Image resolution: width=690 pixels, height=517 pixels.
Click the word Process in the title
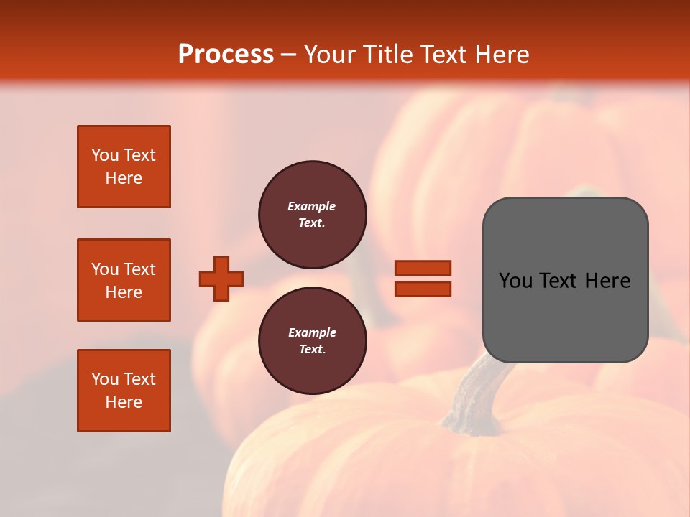(226, 55)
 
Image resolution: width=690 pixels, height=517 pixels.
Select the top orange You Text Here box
(124, 167)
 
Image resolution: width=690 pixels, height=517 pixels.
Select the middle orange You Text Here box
(124, 280)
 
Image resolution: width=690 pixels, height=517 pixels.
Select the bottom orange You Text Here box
(124, 391)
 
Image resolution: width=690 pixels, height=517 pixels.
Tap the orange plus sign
(221, 279)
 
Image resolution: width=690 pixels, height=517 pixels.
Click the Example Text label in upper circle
(312, 214)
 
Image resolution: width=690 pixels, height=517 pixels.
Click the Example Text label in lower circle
(312, 340)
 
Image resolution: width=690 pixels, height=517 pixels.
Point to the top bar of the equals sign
(423, 268)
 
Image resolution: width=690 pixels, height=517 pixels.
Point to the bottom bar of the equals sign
(423, 289)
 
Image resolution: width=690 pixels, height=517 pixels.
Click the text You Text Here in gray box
(565, 281)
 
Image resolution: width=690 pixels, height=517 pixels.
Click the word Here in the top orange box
(124, 178)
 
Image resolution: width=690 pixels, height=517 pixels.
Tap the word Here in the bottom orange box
(124, 402)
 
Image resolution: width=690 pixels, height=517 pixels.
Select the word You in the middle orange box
(105, 269)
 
